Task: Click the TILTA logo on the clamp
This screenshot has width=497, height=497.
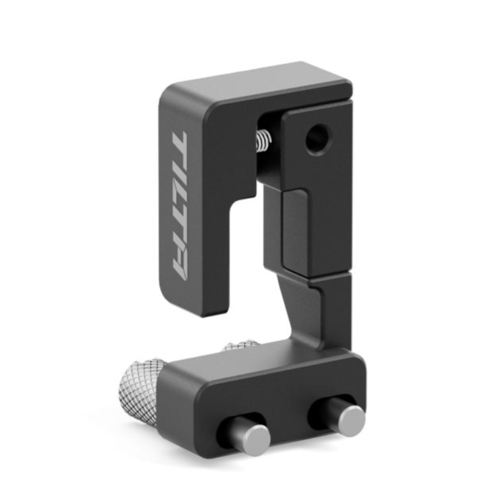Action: (180, 206)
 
